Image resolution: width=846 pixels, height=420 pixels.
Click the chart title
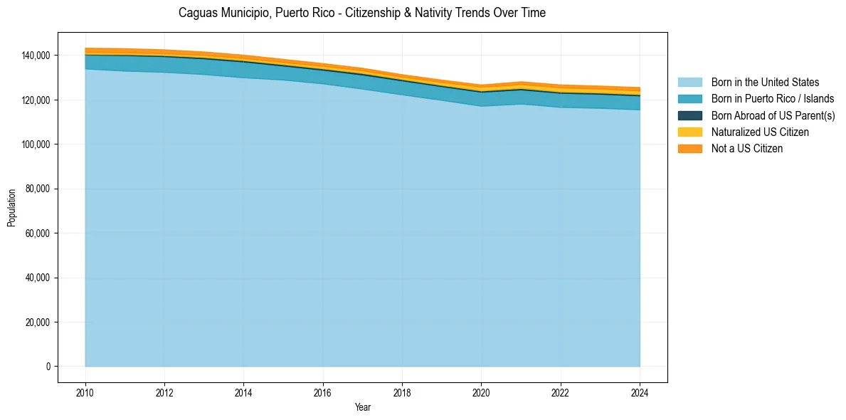362,13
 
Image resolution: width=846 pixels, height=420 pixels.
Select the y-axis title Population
11,208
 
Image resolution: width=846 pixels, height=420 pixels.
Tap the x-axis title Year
362,407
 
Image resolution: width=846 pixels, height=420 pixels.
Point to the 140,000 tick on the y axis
36,56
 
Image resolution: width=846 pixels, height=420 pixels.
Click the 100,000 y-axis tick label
36,145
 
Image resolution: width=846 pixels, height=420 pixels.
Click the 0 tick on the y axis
48,367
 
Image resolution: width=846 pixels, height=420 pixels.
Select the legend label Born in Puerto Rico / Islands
772,99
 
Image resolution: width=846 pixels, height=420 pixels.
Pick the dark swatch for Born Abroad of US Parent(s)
689,115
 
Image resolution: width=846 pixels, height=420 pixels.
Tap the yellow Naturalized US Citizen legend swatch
689,132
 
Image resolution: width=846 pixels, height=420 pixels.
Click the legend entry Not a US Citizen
746,148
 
